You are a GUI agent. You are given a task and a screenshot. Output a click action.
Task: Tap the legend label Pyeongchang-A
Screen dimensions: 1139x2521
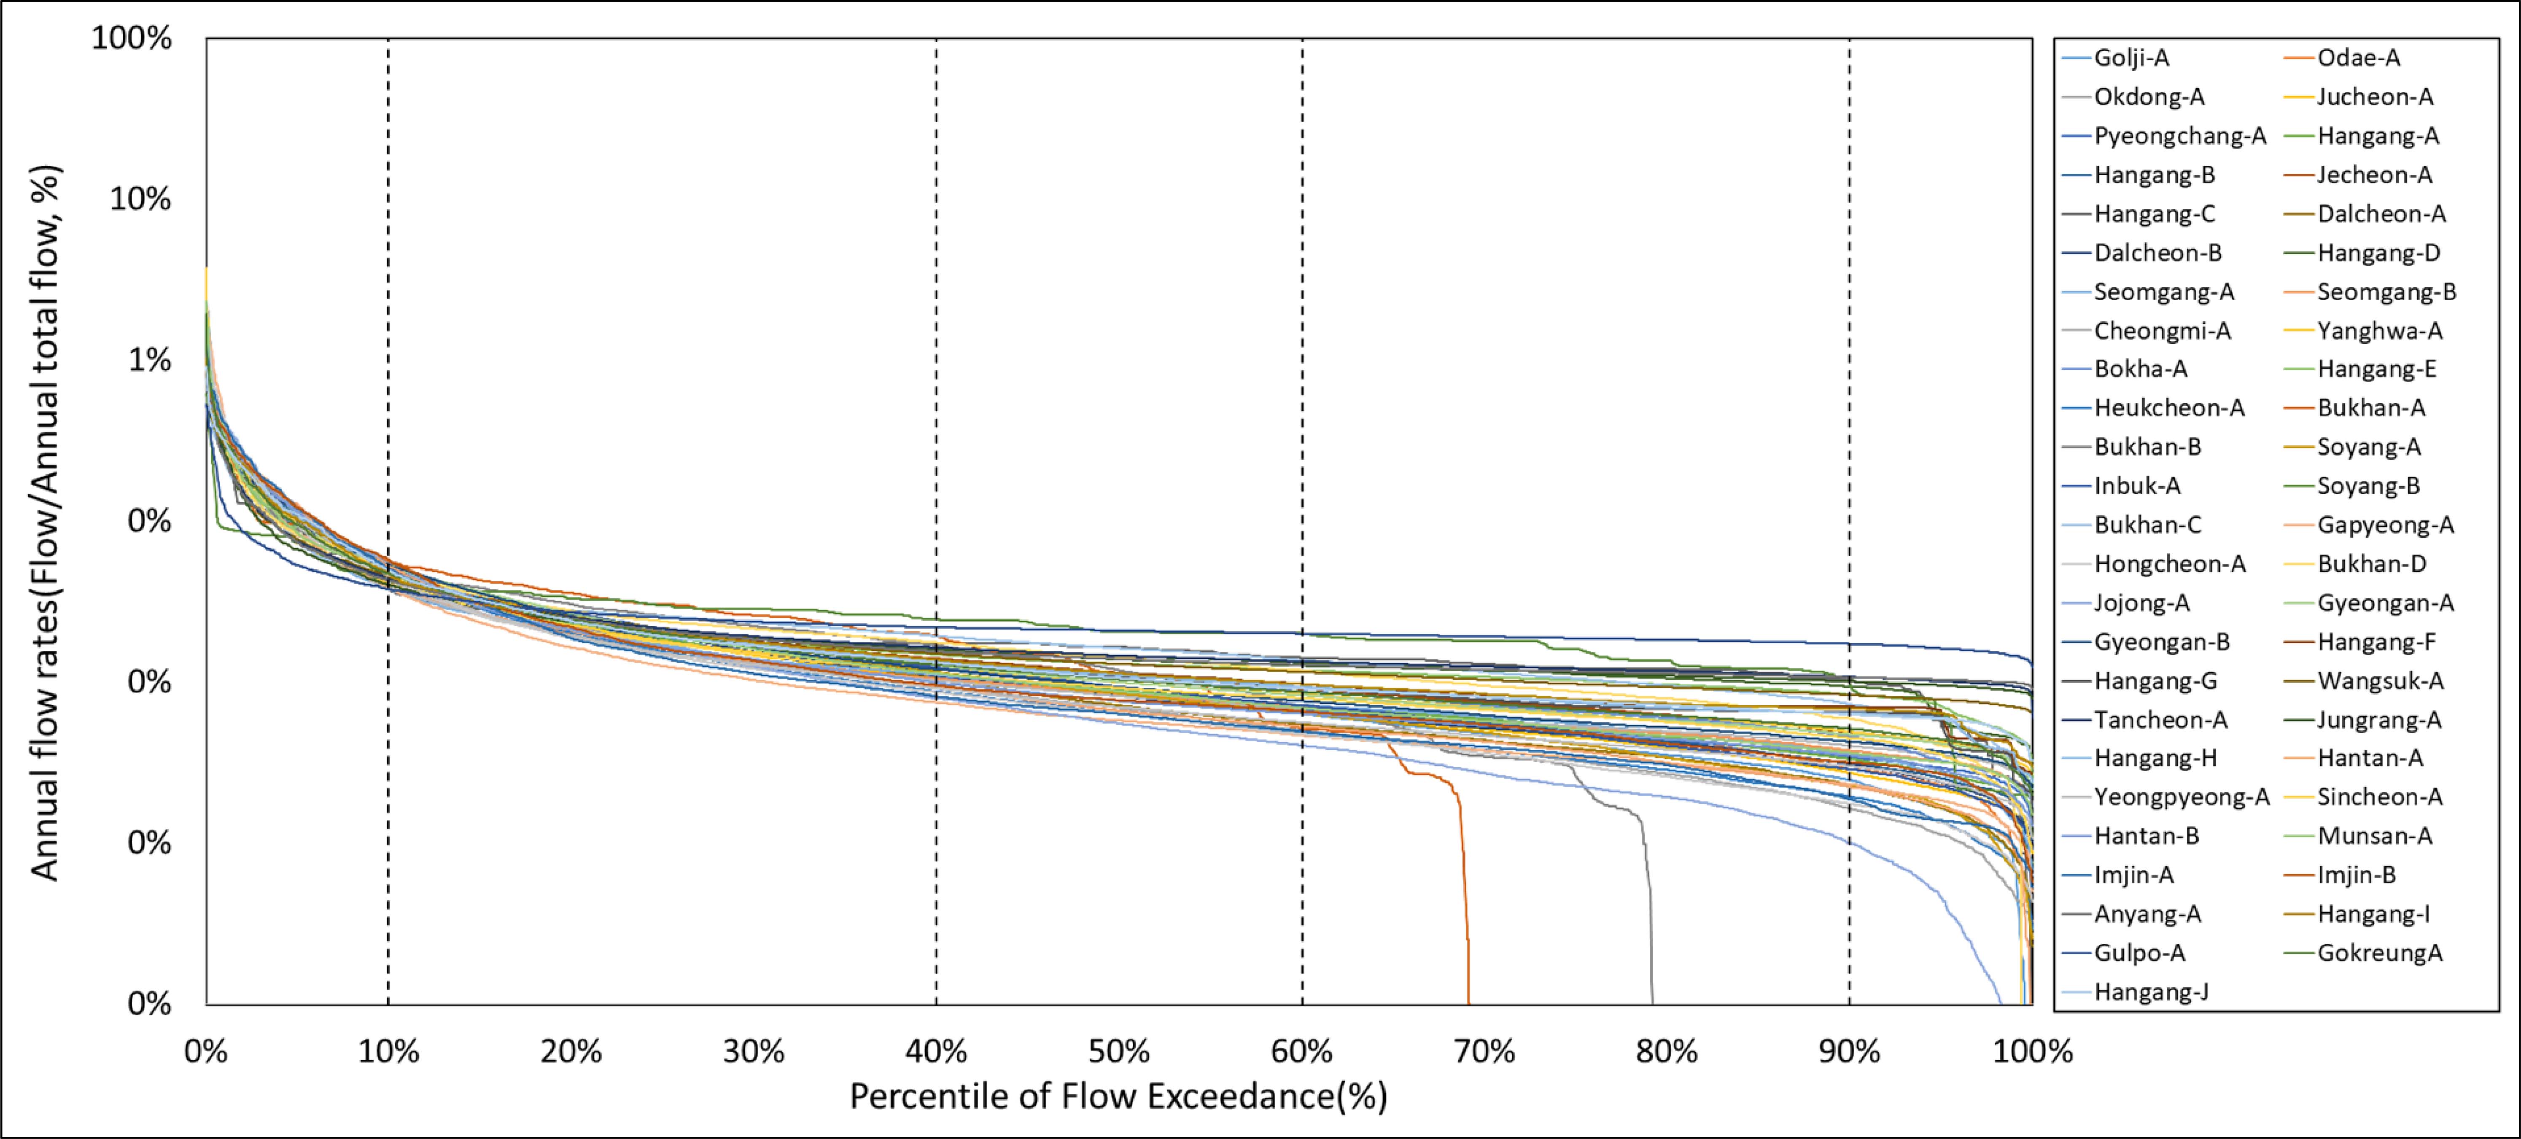2179,136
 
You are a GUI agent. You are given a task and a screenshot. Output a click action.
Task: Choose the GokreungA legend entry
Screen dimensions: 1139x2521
2379,953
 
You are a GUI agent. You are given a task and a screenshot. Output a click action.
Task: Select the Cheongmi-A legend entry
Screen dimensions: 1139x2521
2162,331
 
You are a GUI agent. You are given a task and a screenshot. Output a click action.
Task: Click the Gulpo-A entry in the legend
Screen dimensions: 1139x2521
2139,953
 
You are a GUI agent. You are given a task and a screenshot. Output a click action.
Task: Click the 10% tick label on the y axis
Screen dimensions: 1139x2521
140,199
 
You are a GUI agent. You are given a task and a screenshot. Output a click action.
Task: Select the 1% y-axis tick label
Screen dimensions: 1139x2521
149,360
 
